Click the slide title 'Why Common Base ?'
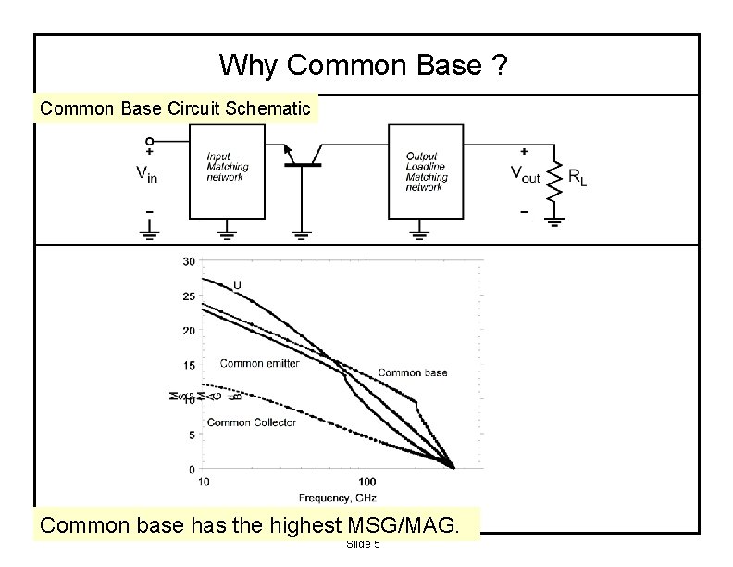364,65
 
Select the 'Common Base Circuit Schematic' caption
175,107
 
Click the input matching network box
227,171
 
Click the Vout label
529,172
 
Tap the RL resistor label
577,176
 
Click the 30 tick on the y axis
188,261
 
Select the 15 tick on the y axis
188,365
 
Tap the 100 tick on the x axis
366,482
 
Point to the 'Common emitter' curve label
259,363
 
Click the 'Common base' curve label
412,372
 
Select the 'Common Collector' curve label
251,422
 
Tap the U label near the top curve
237,283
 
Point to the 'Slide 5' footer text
363,544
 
